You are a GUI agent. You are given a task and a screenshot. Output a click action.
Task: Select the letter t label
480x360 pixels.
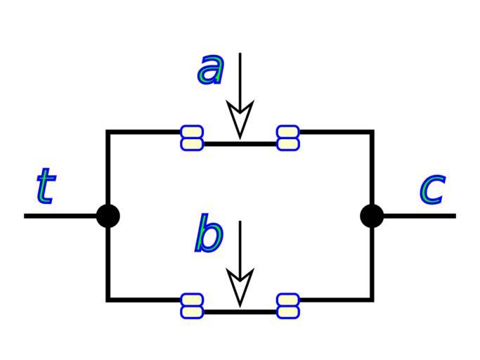tap(45, 186)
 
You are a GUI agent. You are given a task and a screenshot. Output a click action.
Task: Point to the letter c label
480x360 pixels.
tap(432, 188)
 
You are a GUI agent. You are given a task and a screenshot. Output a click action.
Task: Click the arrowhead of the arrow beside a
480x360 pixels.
tap(240, 120)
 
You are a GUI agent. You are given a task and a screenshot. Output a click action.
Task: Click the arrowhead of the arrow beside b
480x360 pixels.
tap(240, 288)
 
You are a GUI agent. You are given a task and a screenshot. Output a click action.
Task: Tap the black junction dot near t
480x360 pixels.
tap(108, 215)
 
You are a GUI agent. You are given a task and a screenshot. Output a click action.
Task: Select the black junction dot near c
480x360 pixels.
tap(372, 215)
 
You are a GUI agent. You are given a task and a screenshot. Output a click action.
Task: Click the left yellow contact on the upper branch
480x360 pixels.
tap(192, 138)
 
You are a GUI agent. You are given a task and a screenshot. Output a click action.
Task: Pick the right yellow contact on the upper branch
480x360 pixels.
tap(287, 138)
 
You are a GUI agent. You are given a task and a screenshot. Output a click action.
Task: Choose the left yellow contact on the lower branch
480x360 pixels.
tap(192, 306)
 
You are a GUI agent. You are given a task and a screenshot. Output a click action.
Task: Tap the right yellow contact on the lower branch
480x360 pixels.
tap(287, 306)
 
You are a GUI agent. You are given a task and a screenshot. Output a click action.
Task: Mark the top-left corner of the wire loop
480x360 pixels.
tap(108, 131)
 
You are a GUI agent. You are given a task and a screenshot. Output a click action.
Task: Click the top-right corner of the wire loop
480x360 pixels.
tap(372, 131)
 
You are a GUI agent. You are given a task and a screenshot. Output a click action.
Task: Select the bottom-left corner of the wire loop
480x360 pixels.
tap(108, 300)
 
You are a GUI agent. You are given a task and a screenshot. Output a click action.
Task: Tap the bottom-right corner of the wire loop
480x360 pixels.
tap(372, 300)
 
